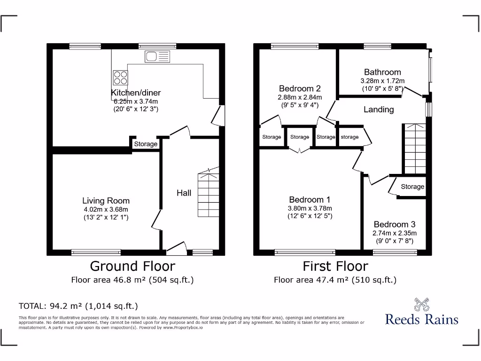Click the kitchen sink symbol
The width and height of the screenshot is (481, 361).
click(157, 56)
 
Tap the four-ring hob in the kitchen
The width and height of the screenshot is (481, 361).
click(120, 78)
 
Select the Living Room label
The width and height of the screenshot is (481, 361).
click(106, 201)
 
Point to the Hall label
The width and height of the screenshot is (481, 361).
click(184, 193)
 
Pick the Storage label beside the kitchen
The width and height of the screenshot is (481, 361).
click(146, 144)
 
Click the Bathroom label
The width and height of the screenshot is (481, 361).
click(382, 72)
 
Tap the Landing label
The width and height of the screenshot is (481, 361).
click(379, 110)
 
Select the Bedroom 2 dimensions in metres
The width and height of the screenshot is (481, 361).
click(300, 97)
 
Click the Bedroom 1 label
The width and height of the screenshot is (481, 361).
click(310, 200)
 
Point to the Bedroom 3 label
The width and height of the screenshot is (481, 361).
click(395, 224)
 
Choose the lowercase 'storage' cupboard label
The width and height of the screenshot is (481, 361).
click(349, 137)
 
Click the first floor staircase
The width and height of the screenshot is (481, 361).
click(415, 149)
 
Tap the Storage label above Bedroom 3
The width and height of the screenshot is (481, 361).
click(412, 187)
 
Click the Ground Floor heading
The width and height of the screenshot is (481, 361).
click(132, 266)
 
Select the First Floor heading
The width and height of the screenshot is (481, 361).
click(335, 266)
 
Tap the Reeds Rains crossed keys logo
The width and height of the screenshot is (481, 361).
click(421, 304)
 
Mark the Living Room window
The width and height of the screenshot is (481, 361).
click(96, 252)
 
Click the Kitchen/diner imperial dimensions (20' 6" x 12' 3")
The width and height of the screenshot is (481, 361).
click(136, 109)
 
